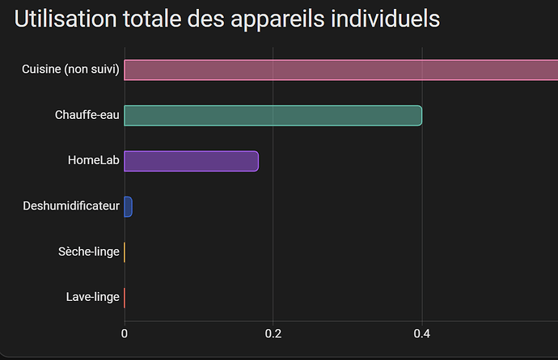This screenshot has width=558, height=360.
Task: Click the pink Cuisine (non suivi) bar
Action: click(x=340, y=70)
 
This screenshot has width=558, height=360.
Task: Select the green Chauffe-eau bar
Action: click(x=273, y=116)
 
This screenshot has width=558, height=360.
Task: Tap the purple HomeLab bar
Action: click(x=191, y=161)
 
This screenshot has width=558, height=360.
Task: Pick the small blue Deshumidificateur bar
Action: click(x=128, y=206)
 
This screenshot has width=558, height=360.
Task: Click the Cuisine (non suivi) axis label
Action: click(x=71, y=70)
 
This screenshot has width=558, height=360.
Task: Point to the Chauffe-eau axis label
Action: click(x=87, y=116)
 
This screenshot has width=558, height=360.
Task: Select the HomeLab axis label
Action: click(x=94, y=161)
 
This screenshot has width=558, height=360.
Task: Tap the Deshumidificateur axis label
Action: click(x=71, y=206)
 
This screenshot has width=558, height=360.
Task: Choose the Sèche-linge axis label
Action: click(x=90, y=252)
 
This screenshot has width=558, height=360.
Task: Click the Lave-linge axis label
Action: click(x=93, y=297)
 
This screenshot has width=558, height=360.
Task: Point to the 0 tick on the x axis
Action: click(x=125, y=333)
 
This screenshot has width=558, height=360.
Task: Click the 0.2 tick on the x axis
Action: click(x=273, y=333)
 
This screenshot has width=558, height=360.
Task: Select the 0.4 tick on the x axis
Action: click(x=422, y=333)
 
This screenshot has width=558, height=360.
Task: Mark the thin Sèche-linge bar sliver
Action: click(x=125, y=252)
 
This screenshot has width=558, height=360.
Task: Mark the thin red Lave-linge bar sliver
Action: click(x=125, y=297)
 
